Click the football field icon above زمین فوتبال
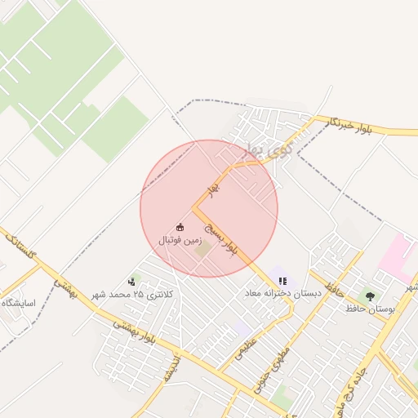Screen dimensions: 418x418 [x=180, y=226]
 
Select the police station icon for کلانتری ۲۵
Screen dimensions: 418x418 [x=132, y=282]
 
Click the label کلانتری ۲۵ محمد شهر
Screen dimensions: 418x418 [x=133, y=294]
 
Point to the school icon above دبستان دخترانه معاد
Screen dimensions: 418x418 [x=282, y=281]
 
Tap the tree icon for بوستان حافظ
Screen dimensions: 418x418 [x=370, y=296]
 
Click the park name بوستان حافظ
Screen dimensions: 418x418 [x=370, y=309]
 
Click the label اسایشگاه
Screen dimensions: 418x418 [x=18, y=303]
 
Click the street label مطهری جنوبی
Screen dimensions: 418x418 [x=265, y=372]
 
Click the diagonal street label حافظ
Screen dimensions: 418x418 [x=332, y=289]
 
